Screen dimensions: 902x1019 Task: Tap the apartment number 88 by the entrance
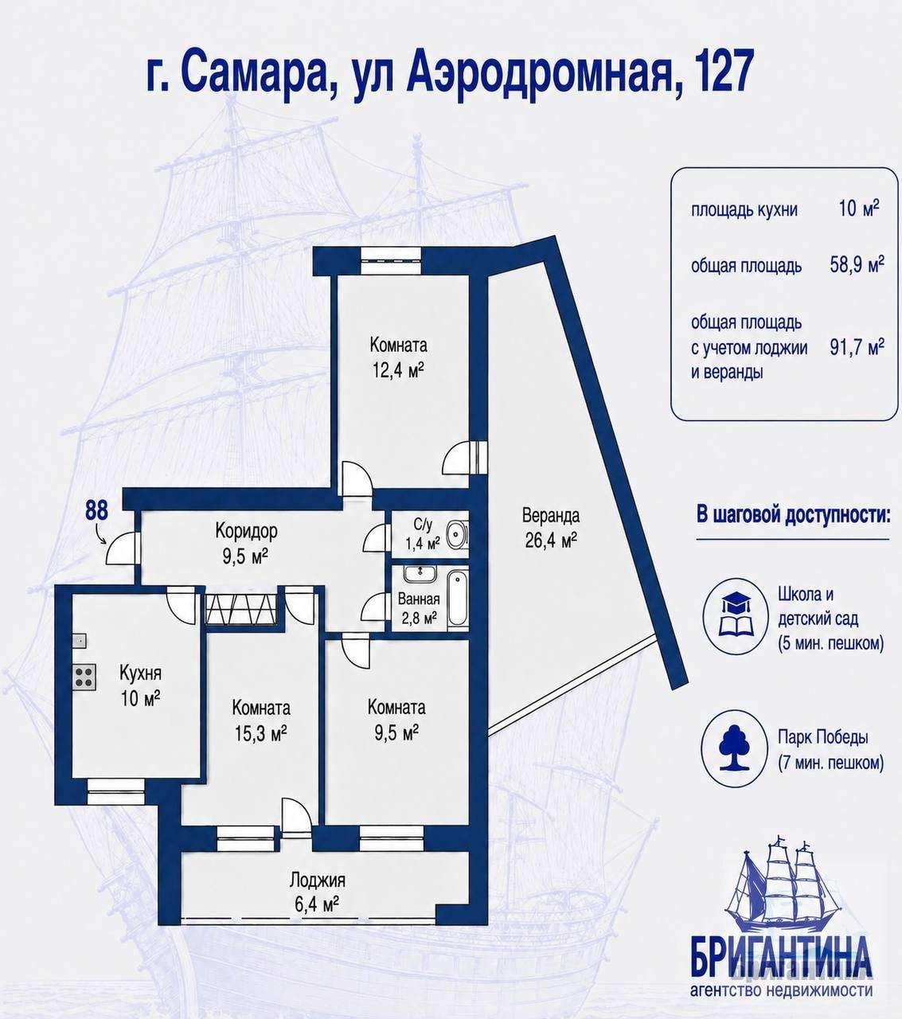click(96, 510)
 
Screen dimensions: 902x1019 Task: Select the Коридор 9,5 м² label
click(247, 543)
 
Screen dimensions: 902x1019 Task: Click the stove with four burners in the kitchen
click(84, 677)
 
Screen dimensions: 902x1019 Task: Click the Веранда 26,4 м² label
click(551, 528)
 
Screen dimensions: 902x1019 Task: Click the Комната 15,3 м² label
click(261, 720)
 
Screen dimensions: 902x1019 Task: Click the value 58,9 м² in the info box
click(857, 264)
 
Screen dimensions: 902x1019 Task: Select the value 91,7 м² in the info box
click(857, 347)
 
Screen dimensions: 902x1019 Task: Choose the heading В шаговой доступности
click(794, 516)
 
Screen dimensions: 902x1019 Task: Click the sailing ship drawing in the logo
click(783, 886)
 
